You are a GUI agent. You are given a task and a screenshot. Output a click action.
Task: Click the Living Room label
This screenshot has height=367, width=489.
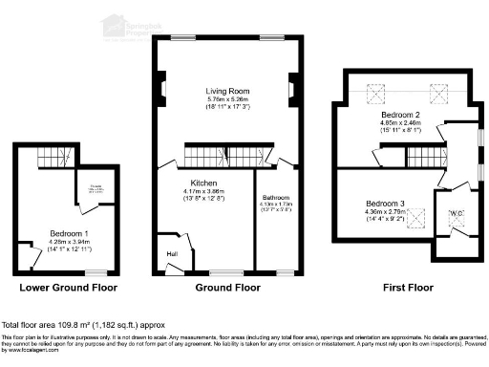(x=227, y=91)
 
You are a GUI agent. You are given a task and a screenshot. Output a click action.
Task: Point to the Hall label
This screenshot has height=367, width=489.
(x=173, y=253)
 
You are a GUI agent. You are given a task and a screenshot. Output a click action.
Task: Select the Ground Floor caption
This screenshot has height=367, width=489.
(x=227, y=286)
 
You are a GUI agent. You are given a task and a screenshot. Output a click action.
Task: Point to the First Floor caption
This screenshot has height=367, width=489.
(x=401, y=286)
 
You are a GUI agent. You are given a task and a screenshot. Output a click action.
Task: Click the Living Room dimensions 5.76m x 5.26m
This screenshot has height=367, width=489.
(x=227, y=99)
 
